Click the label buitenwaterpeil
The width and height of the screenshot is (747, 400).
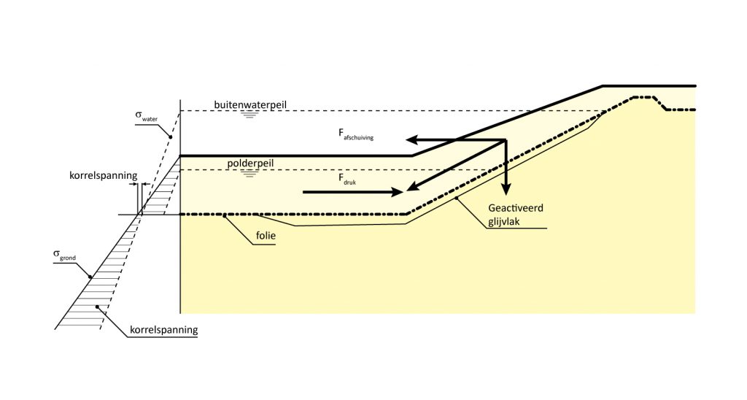251,104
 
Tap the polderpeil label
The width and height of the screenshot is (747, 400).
250,164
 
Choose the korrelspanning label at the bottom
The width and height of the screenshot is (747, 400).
163,330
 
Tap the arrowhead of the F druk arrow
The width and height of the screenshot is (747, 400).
398,193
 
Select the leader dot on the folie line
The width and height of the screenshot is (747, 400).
226,215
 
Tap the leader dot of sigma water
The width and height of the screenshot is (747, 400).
170,137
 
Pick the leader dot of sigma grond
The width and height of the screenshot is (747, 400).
90,276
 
